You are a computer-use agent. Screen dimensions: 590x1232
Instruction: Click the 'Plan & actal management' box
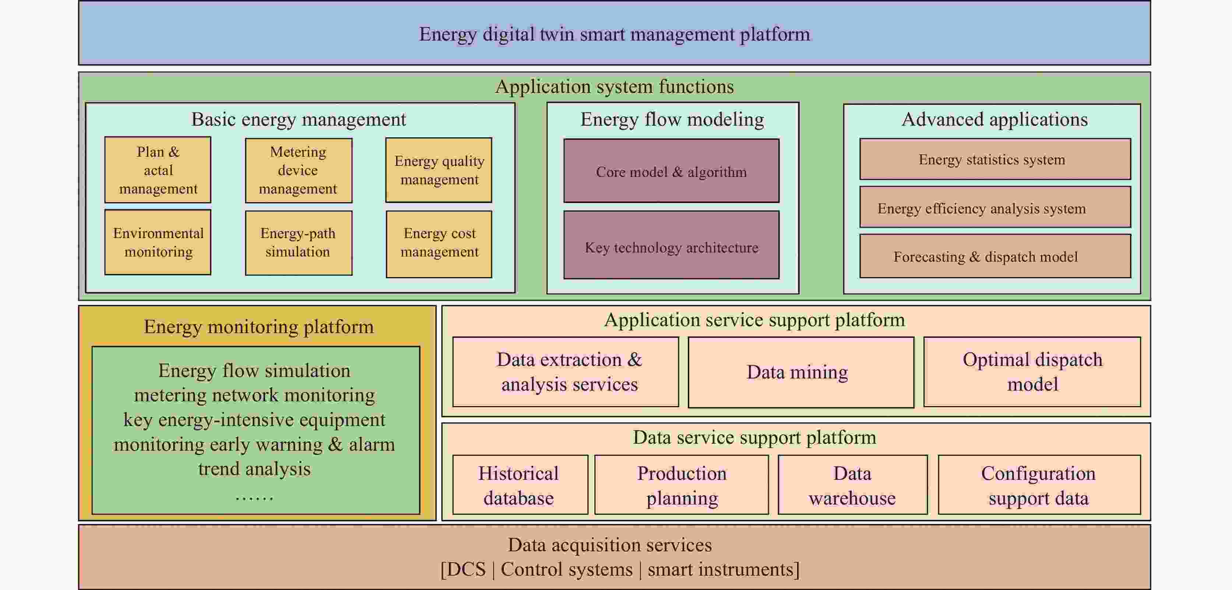click(158, 170)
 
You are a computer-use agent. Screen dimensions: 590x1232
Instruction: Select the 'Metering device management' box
click(299, 170)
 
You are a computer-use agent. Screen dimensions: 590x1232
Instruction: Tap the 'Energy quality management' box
click(439, 170)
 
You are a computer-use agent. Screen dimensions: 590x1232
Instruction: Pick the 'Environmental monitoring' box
click(158, 242)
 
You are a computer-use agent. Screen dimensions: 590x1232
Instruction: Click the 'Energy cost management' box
click(439, 244)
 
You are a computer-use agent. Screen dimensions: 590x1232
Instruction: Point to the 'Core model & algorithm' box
click(671, 171)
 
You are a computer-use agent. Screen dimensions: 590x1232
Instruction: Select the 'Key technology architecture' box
click(671, 245)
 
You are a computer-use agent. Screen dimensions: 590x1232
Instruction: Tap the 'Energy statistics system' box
click(995, 159)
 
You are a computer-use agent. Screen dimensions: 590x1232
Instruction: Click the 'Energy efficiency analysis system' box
click(995, 207)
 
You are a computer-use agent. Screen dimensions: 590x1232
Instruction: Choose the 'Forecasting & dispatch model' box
click(995, 256)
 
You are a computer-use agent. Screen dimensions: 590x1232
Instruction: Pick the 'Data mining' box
click(800, 372)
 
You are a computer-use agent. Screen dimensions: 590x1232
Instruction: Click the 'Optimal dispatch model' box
click(1032, 372)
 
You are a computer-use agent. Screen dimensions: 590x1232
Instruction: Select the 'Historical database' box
click(520, 485)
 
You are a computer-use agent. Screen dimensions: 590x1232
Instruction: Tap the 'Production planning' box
click(682, 485)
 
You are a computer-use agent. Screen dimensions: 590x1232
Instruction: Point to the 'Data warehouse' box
click(852, 485)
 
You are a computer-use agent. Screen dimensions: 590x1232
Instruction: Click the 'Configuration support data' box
click(1039, 485)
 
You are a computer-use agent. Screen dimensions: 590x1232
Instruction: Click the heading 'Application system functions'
click(614, 87)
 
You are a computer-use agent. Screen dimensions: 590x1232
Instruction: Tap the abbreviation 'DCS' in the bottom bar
click(463, 569)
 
